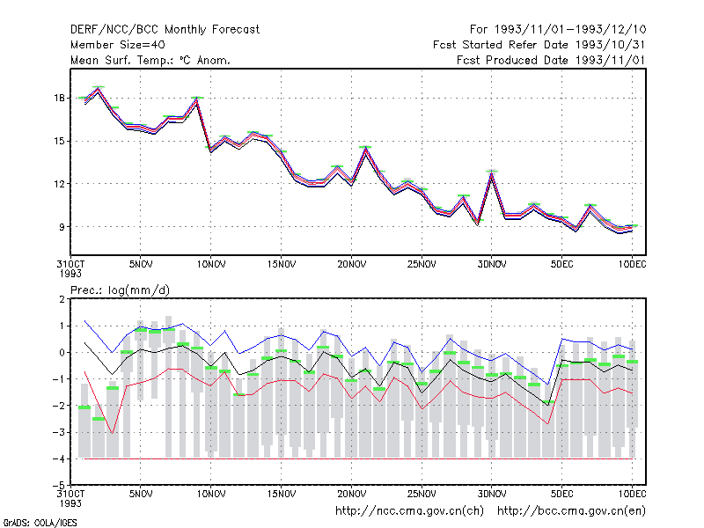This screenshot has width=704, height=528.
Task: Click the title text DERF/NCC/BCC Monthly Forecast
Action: (x=165, y=30)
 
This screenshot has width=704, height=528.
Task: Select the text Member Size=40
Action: (x=118, y=45)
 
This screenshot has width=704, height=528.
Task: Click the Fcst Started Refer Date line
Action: (x=539, y=45)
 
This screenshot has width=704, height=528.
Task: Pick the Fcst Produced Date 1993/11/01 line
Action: (x=551, y=60)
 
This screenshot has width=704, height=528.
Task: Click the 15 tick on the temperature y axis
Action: (x=59, y=141)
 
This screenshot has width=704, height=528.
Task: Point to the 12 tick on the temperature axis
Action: (x=59, y=184)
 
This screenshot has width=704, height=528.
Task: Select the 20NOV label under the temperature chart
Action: (x=351, y=265)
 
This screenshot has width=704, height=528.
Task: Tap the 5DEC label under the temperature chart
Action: (x=561, y=265)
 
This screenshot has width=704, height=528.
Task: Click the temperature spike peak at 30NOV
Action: (x=492, y=172)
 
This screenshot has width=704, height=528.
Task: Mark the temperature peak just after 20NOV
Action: (x=365, y=149)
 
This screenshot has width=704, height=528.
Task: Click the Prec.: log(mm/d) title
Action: (x=120, y=290)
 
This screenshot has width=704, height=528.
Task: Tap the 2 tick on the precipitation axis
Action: (x=62, y=299)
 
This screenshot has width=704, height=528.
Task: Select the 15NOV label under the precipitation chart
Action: (x=282, y=495)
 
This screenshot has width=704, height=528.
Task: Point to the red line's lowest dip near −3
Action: (x=113, y=433)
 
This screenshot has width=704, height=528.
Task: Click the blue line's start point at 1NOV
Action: (x=84, y=321)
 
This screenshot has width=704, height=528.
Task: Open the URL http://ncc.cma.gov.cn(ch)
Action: (x=409, y=511)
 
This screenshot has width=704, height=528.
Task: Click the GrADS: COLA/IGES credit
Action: (x=40, y=523)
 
